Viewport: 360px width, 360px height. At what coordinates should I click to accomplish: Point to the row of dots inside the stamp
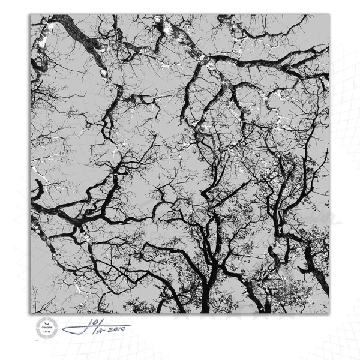[46, 332]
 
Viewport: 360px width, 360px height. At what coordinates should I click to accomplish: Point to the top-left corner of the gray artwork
[30, 15]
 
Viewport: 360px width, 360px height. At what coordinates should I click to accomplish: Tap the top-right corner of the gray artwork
[329, 15]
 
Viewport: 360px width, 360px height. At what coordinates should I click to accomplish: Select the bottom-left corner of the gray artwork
[30, 313]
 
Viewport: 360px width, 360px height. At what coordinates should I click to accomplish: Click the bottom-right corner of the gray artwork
[329, 313]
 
